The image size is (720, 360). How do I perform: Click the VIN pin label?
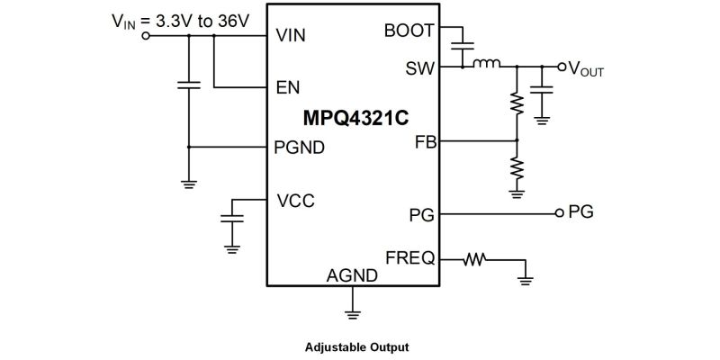[292, 38]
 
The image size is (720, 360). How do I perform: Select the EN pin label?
[286, 87]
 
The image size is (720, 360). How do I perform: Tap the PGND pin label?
[300, 147]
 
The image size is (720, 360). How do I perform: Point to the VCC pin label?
[295, 200]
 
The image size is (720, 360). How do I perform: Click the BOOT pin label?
[409, 31]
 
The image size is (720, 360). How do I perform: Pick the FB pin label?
[424, 141]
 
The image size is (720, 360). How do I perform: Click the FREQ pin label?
[409, 257]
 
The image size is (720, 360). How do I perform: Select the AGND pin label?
[352, 275]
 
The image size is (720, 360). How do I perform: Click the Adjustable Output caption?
[357, 346]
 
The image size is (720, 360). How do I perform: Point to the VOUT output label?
[586, 68]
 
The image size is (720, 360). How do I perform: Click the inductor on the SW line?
[487, 64]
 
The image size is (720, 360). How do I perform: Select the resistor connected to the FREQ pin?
[473, 260]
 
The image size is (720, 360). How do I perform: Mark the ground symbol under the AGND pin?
[352, 313]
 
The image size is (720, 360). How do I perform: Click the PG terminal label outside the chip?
[580, 213]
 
